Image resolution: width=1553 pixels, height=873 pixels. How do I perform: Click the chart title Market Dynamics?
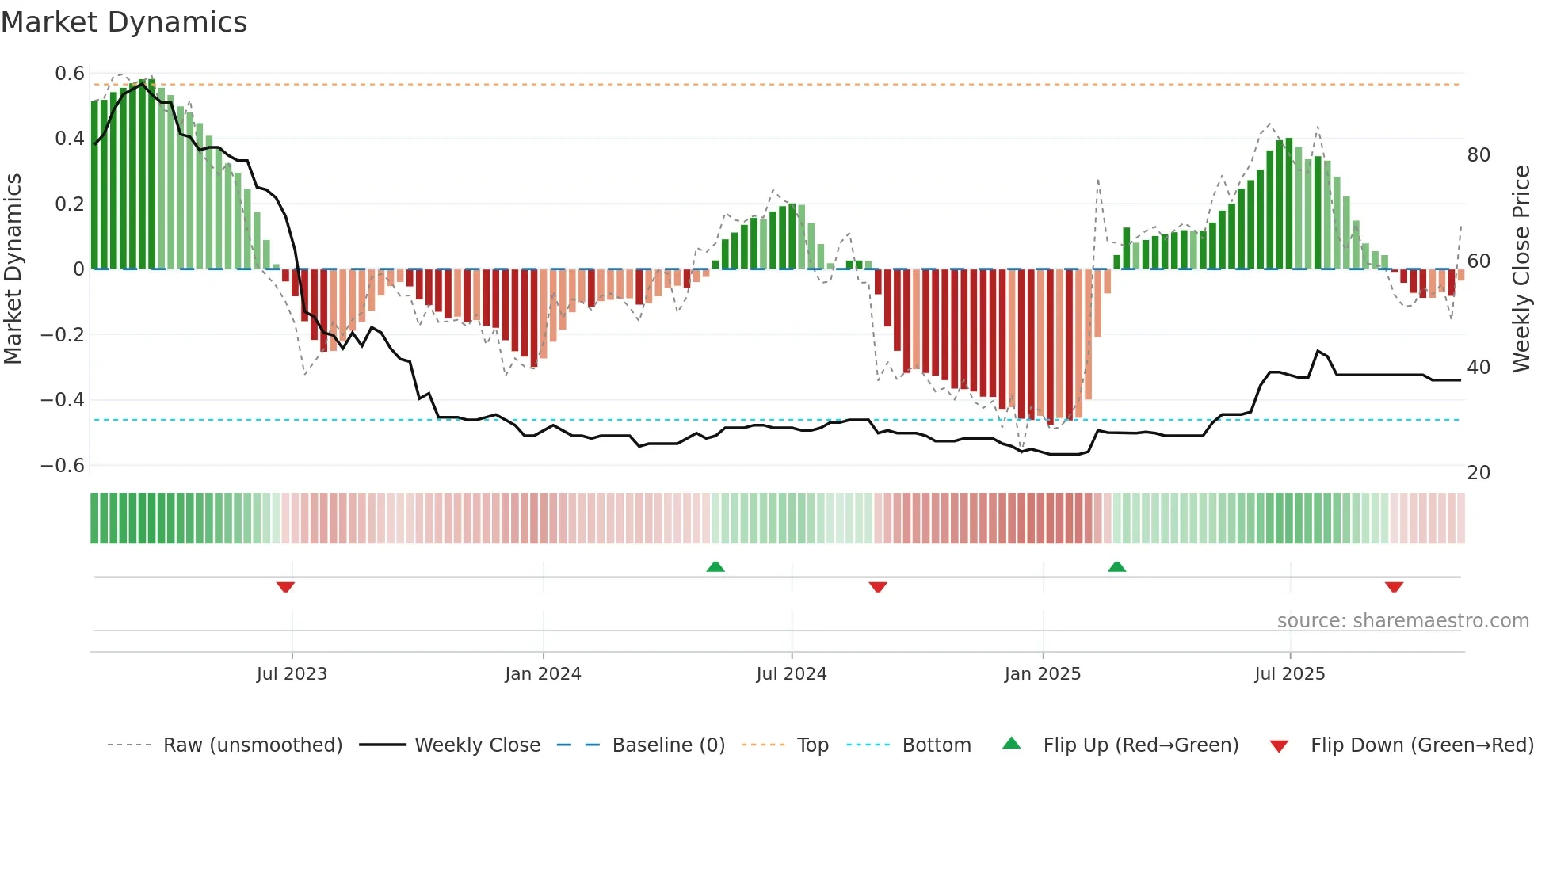point(124,22)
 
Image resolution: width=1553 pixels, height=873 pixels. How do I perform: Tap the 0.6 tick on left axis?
point(70,74)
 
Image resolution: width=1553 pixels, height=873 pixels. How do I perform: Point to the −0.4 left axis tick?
point(63,400)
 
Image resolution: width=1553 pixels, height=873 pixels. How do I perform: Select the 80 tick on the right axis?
point(1479,155)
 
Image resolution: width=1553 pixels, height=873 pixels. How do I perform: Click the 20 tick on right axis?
point(1479,473)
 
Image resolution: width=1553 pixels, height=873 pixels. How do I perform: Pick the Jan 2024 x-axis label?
point(543,674)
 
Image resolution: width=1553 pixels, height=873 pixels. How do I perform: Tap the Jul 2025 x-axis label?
point(1289,674)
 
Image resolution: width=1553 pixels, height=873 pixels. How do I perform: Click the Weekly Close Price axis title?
point(1521,269)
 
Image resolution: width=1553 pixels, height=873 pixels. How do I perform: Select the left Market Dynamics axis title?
point(13,269)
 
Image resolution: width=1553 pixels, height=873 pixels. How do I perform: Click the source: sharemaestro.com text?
point(1402,621)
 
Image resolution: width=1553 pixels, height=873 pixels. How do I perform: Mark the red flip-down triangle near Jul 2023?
point(285,587)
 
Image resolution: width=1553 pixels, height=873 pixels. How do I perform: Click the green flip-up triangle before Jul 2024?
point(715,566)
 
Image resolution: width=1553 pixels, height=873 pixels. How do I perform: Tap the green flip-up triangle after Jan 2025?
point(1116,566)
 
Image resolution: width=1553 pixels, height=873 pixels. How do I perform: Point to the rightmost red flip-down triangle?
point(1394,587)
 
